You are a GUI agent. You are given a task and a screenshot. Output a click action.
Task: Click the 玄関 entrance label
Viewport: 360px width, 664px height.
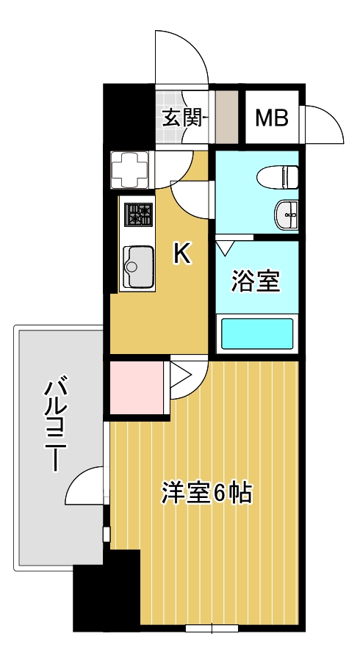(181, 118)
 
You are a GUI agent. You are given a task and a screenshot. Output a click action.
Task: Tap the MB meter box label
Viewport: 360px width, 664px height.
(272, 118)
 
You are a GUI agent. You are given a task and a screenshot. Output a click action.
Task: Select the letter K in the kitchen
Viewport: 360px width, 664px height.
(182, 255)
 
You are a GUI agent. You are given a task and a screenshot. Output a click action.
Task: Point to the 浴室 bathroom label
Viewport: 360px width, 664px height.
(256, 281)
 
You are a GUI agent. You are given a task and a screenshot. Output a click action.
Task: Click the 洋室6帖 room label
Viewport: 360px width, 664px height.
(206, 493)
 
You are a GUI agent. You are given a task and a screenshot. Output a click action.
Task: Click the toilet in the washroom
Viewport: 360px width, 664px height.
(278, 177)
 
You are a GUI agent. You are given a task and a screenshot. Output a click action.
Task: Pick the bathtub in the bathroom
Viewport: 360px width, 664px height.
(257, 333)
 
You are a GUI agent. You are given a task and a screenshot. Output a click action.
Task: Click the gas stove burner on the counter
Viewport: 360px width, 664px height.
(138, 214)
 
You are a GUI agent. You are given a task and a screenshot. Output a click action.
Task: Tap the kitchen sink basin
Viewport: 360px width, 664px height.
(138, 267)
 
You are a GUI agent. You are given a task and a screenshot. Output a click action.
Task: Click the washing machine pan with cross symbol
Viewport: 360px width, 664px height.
(129, 170)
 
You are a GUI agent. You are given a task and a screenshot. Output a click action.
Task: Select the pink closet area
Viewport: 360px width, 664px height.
(137, 387)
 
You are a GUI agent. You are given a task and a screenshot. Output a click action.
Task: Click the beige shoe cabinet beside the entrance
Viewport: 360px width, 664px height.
(227, 118)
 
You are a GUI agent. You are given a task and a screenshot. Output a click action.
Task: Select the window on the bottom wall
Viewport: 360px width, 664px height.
(212, 629)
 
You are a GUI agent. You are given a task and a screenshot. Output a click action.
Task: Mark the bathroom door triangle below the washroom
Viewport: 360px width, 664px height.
(225, 247)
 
